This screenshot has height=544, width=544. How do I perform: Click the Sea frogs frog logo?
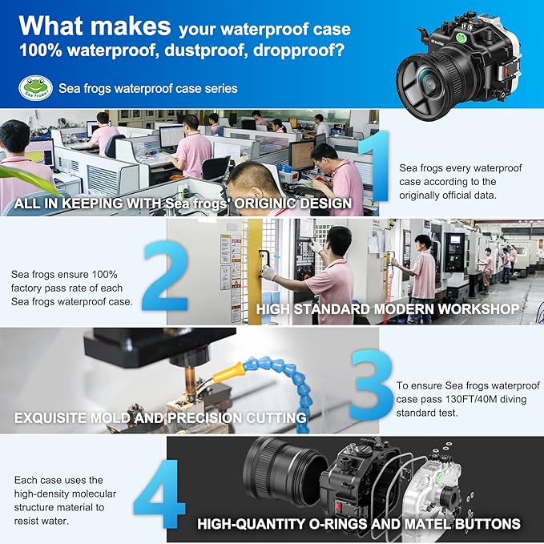click(x=36, y=88)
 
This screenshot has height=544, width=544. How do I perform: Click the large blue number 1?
click(x=375, y=166)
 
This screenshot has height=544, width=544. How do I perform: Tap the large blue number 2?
click(x=166, y=276)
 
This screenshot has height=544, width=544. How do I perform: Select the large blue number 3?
click(x=371, y=384)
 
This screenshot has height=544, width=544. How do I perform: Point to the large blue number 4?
click(x=160, y=494)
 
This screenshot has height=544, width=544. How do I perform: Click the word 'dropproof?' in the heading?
click(x=299, y=50)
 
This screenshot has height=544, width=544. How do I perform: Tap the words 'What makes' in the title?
click(x=95, y=26)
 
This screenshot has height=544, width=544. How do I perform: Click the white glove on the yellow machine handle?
click(x=269, y=272)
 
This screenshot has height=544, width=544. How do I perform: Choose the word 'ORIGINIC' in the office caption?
click(x=264, y=203)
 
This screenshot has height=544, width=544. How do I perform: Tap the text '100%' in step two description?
click(x=104, y=275)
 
